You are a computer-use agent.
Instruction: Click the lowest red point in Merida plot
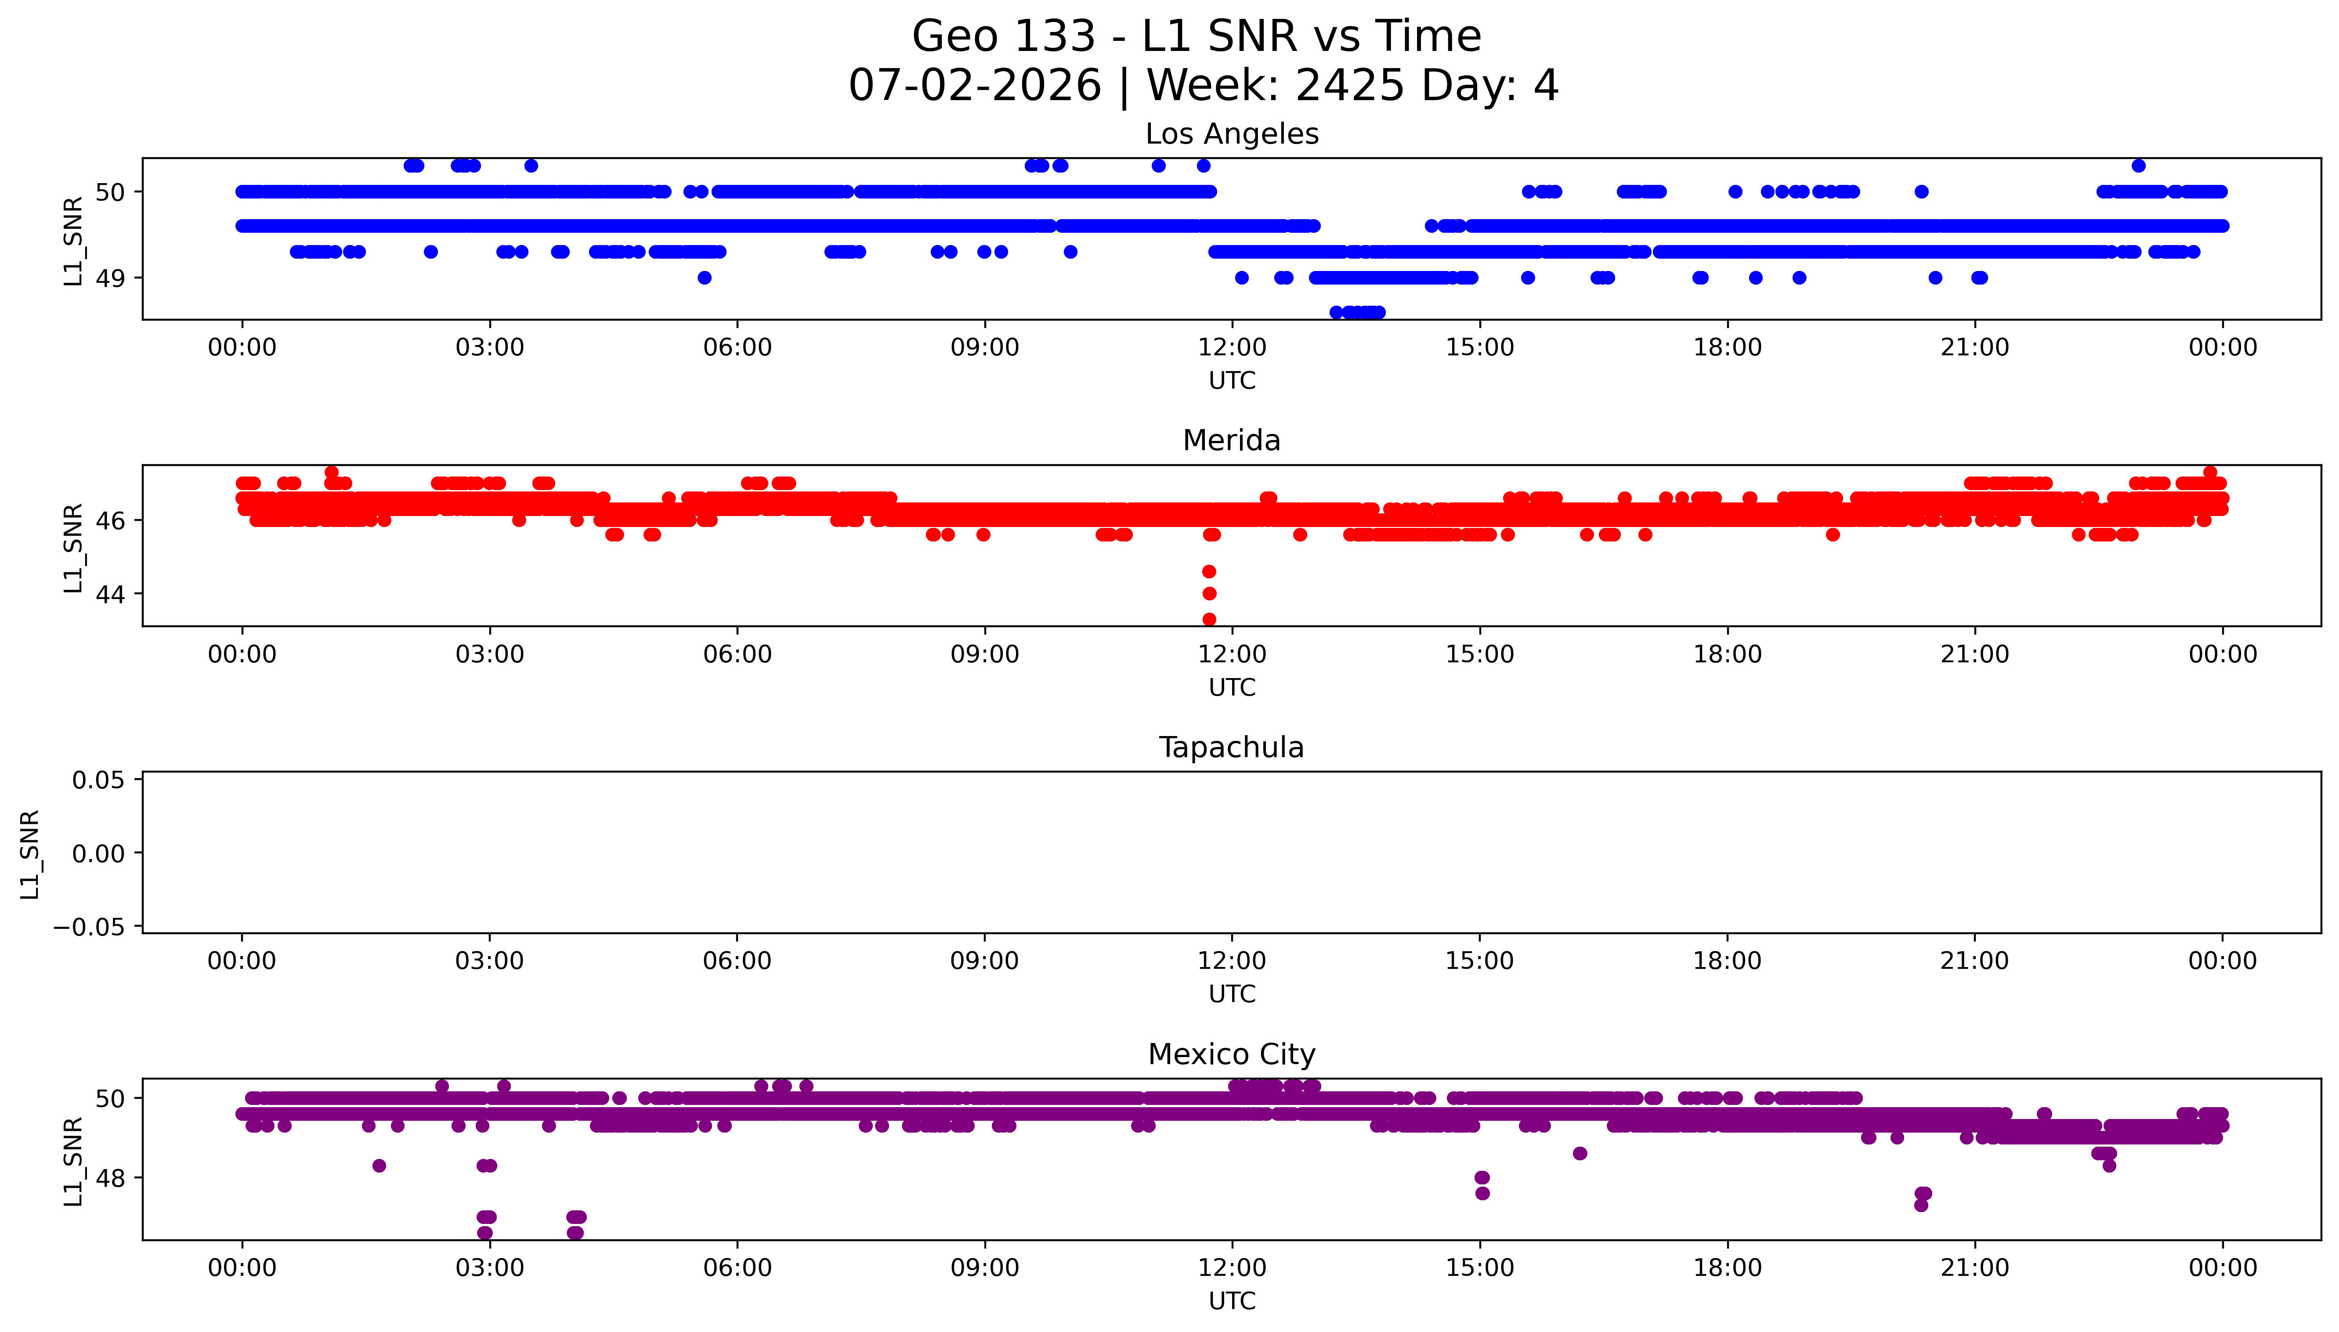(x=1209, y=619)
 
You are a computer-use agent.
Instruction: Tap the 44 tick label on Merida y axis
(x=110, y=594)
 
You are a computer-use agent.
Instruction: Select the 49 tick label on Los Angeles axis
(x=110, y=278)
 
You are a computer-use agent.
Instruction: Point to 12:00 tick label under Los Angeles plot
(x=1232, y=348)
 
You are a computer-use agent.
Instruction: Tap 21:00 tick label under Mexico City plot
(x=1975, y=1268)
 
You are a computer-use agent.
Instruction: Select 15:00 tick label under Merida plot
(x=1480, y=654)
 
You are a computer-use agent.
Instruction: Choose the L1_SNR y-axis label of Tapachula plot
(x=30, y=854)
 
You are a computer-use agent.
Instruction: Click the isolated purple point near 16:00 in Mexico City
(x=1580, y=1154)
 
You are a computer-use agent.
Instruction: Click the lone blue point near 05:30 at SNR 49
(x=705, y=278)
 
